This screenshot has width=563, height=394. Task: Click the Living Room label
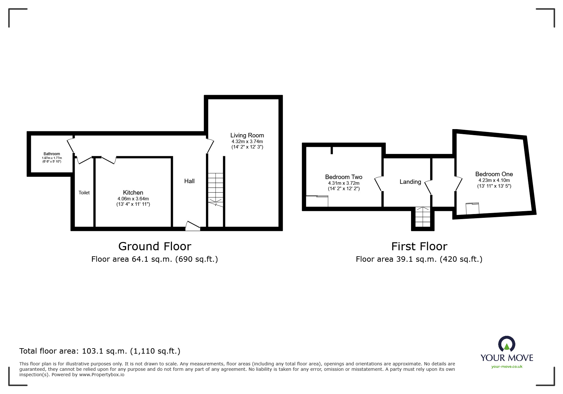(247, 135)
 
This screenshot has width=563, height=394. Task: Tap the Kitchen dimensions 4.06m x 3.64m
(133, 199)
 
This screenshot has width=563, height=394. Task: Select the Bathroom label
(52, 154)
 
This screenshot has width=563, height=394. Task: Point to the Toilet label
(84, 193)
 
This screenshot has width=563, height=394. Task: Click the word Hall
(189, 181)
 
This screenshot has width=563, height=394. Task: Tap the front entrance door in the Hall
(193, 225)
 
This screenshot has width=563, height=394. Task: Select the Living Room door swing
(210, 146)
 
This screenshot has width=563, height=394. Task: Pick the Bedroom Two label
(344, 177)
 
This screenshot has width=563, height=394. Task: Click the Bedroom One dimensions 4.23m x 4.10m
(494, 180)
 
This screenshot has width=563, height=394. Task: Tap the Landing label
(410, 182)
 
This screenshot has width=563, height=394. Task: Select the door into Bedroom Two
(378, 184)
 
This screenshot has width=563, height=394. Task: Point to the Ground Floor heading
(155, 246)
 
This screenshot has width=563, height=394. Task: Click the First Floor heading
(419, 246)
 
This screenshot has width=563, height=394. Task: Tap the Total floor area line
(100, 351)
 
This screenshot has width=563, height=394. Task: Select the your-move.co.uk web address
(507, 367)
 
